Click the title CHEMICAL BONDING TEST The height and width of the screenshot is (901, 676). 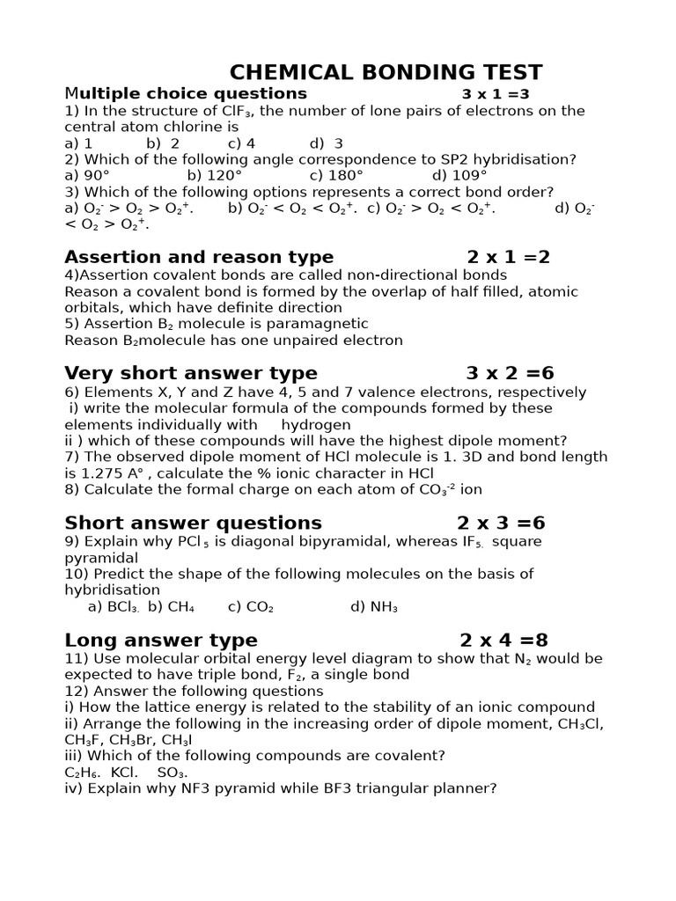click(386, 72)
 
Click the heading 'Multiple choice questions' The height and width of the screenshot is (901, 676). click(186, 93)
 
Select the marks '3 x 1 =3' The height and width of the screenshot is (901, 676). click(496, 94)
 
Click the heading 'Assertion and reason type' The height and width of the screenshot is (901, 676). click(199, 257)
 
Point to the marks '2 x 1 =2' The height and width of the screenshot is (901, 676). click(508, 257)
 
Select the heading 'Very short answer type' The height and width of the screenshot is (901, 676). click(191, 373)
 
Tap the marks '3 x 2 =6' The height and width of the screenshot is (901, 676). click(510, 373)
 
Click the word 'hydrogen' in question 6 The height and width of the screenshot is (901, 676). click(316, 425)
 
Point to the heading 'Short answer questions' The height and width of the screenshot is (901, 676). click(193, 524)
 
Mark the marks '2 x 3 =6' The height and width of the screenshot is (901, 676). click(501, 524)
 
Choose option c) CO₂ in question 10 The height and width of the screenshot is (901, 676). click(251, 607)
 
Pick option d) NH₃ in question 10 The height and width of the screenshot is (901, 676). click(374, 607)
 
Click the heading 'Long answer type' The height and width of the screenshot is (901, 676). click(161, 640)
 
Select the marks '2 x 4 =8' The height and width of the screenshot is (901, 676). click(503, 640)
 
